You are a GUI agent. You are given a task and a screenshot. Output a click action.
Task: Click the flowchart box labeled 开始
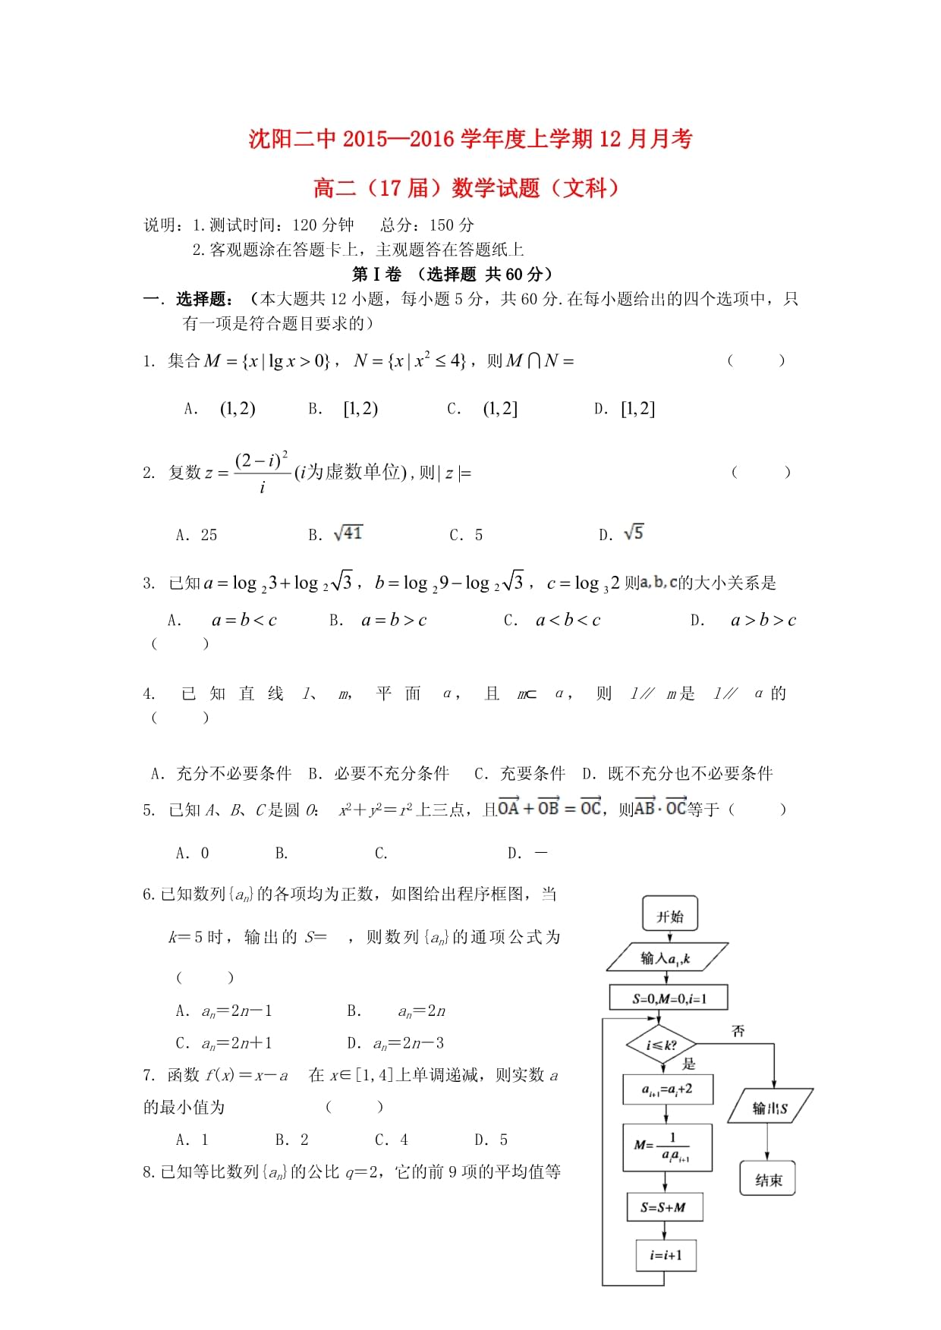tap(669, 916)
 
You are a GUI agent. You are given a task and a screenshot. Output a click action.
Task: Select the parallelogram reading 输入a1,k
tap(666, 958)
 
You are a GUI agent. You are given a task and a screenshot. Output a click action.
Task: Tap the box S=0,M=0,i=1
tap(669, 998)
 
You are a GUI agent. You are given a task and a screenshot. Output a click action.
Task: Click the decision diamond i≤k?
tap(661, 1045)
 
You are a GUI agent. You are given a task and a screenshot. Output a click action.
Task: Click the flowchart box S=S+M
tap(663, 1207)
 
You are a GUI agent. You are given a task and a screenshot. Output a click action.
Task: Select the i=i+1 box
tap(666, 1256)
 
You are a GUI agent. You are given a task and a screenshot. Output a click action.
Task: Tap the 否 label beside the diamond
tap(738, 1031)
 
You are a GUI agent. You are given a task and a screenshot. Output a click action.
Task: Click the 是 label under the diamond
tap(688, 1064)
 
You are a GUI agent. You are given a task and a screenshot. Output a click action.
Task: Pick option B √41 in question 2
tap(348, 534)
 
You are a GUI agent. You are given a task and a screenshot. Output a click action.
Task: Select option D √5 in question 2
tap(633, 533)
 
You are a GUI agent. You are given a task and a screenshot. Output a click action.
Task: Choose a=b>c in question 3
tap(394, 621)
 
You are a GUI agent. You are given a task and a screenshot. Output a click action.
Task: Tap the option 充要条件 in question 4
tap(533, 774)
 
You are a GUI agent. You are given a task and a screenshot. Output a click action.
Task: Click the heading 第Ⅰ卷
tap(376, 275)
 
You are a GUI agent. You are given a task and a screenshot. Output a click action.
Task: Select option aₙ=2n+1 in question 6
tap(237, 1044)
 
